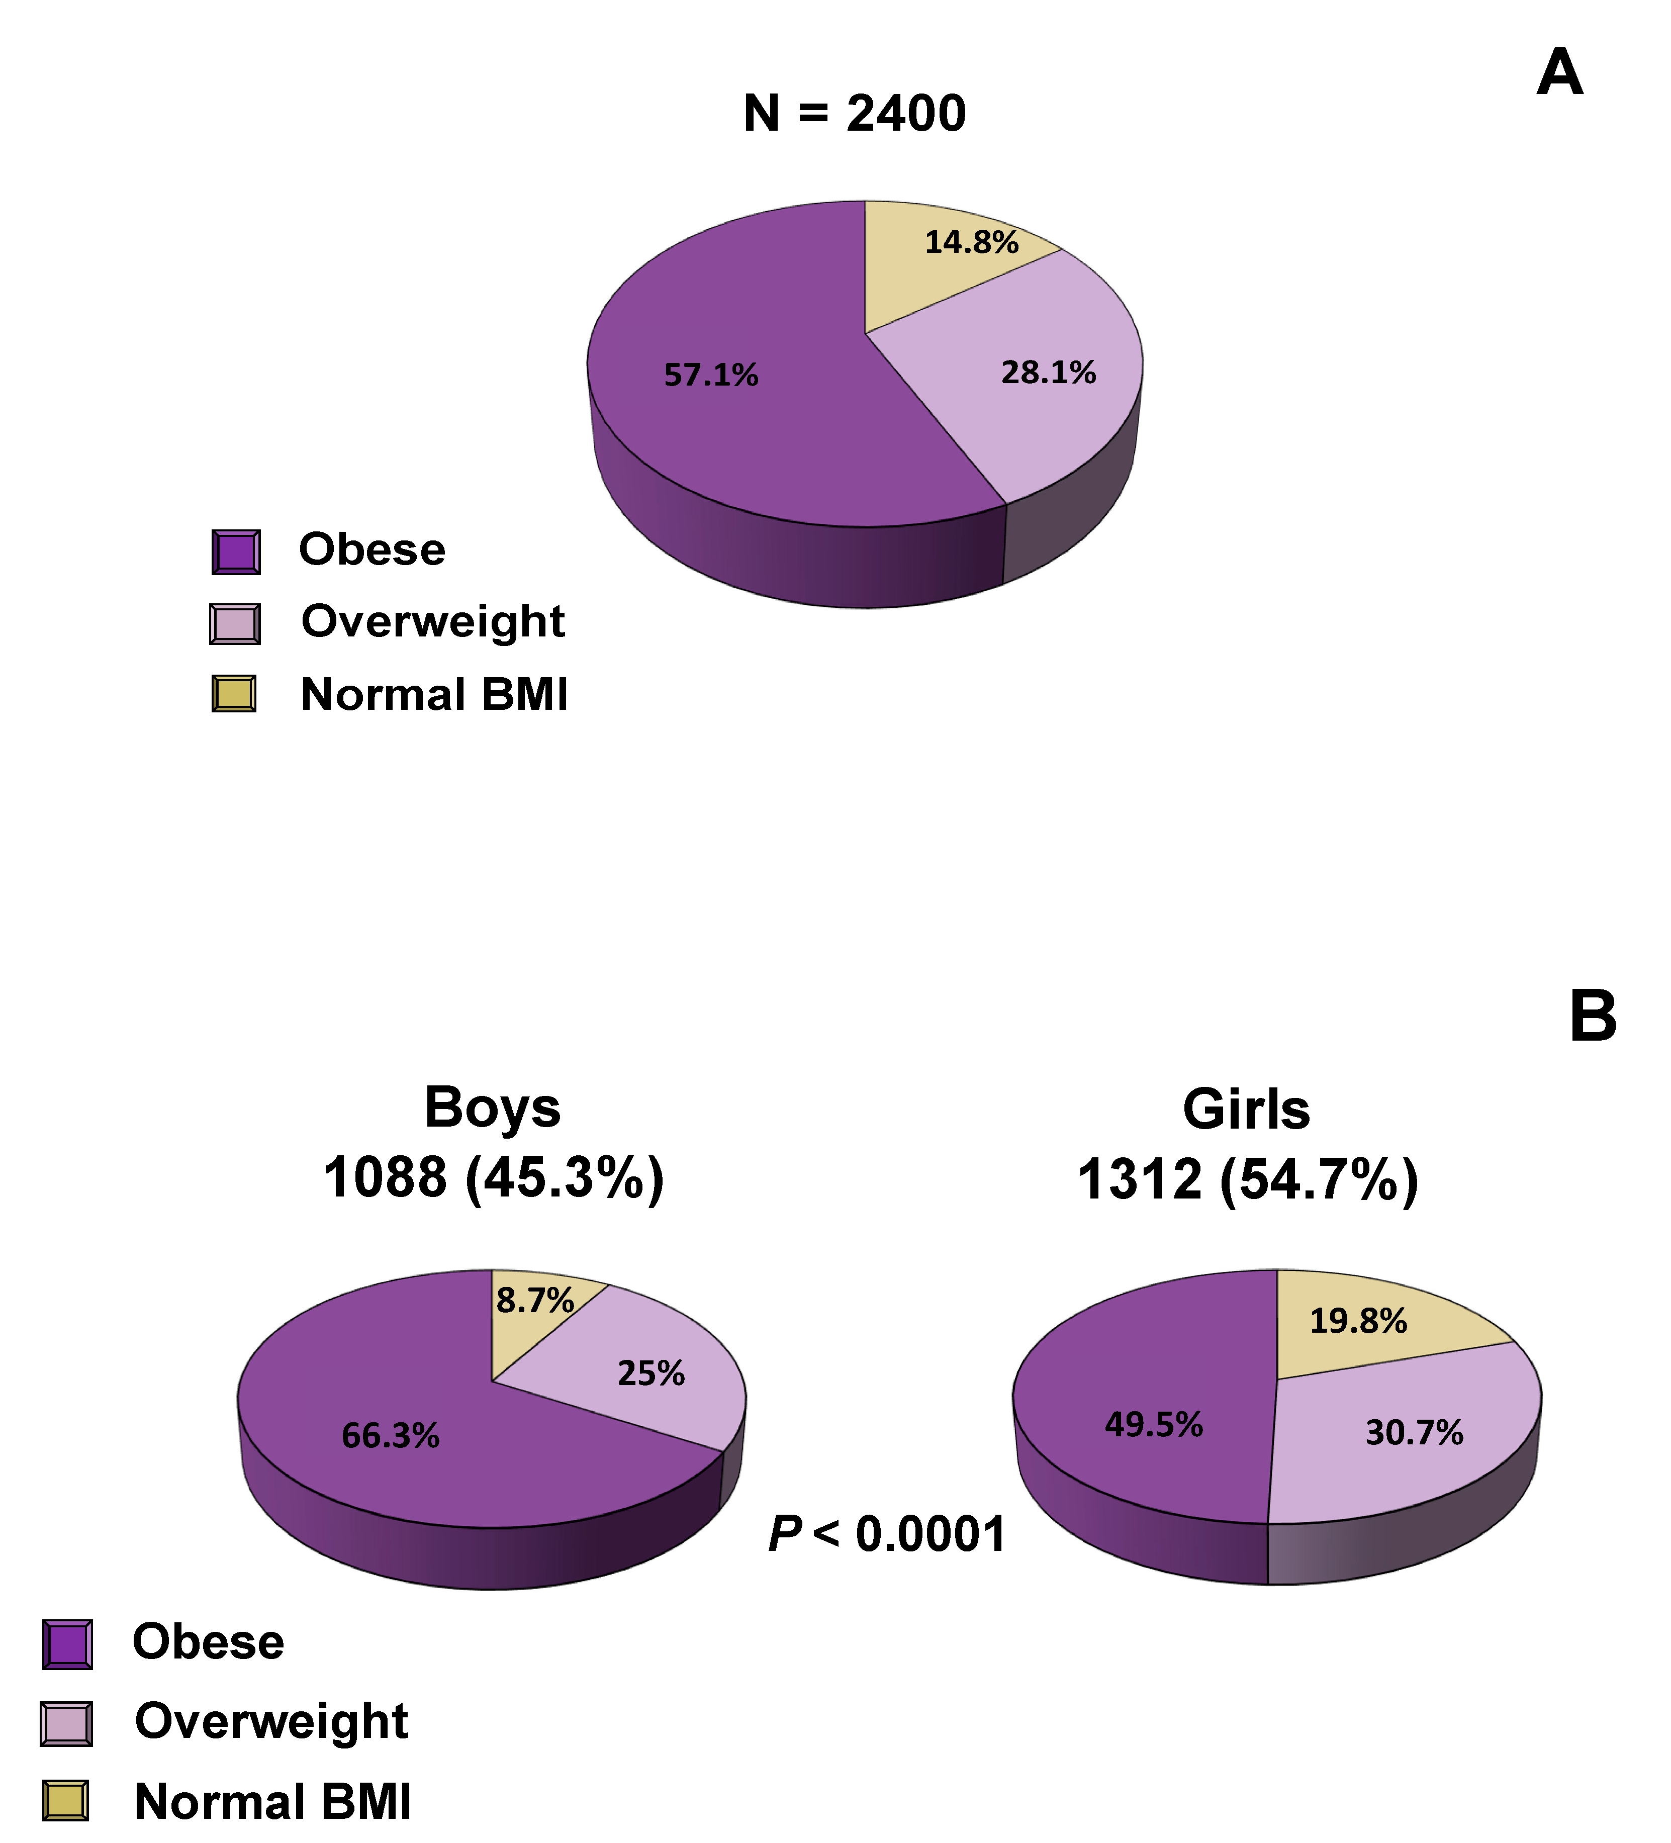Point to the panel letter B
coord(1593,1017)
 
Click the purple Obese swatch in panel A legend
coord(236,552)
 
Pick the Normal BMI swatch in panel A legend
coord(234,694)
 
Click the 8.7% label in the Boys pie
coord(535,1300)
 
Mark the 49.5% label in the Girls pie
coord(1154,1424)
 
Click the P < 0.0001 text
coord(887,1534)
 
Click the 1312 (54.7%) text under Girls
coord(1248,1179)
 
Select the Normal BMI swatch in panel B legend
coord(66,1801)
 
